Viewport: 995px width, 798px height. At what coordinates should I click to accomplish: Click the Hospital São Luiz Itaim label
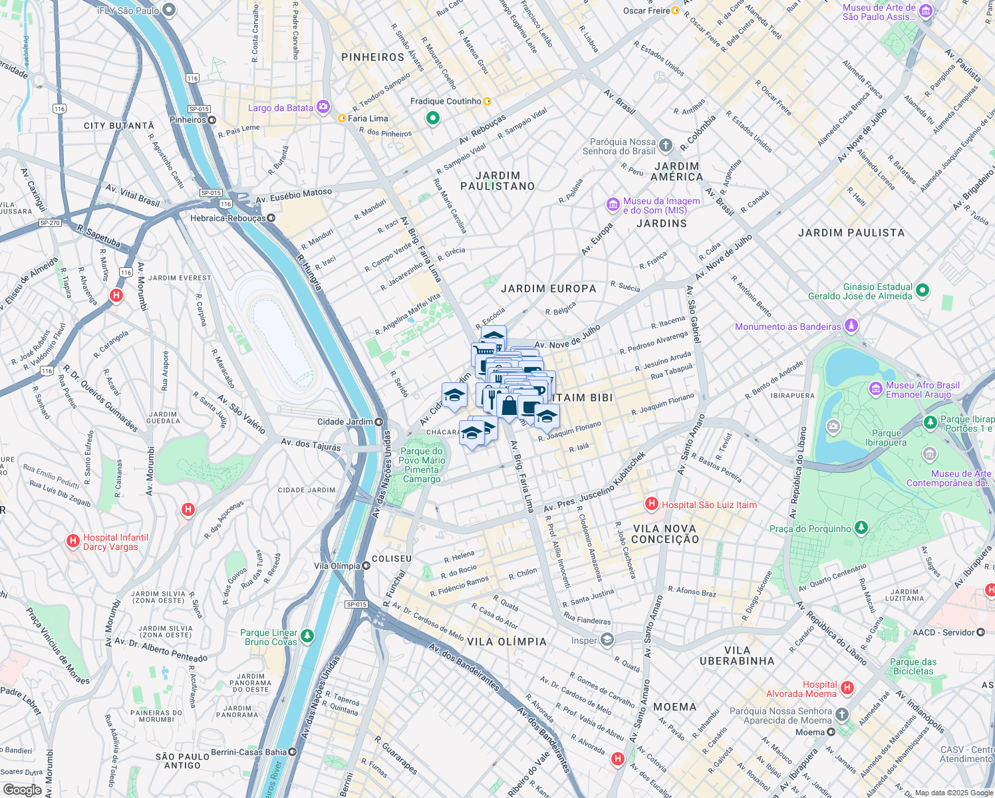709,505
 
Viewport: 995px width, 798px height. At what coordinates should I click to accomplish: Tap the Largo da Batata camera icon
323,106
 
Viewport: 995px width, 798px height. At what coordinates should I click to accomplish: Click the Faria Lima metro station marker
343,118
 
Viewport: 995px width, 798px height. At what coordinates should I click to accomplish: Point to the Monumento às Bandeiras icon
851,325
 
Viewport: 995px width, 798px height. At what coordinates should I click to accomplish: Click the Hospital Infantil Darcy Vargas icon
73,541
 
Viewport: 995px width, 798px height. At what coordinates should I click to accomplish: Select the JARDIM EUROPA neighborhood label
548,289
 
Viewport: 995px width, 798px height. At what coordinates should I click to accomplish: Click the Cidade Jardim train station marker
378,422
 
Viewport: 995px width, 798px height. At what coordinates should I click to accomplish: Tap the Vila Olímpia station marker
366,566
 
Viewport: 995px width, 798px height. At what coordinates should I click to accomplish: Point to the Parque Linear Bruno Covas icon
307,636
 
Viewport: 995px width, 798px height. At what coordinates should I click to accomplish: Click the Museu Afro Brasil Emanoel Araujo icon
876,388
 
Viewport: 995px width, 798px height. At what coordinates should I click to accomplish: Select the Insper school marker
607,640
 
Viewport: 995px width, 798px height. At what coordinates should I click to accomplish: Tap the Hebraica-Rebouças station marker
271,218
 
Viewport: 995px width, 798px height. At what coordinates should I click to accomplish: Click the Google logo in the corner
22,789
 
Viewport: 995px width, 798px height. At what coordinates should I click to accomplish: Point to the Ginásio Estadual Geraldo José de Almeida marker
922,290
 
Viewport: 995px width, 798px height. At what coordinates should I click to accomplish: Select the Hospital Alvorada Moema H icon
847,688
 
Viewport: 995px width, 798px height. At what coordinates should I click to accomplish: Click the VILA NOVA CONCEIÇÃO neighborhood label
664,534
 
